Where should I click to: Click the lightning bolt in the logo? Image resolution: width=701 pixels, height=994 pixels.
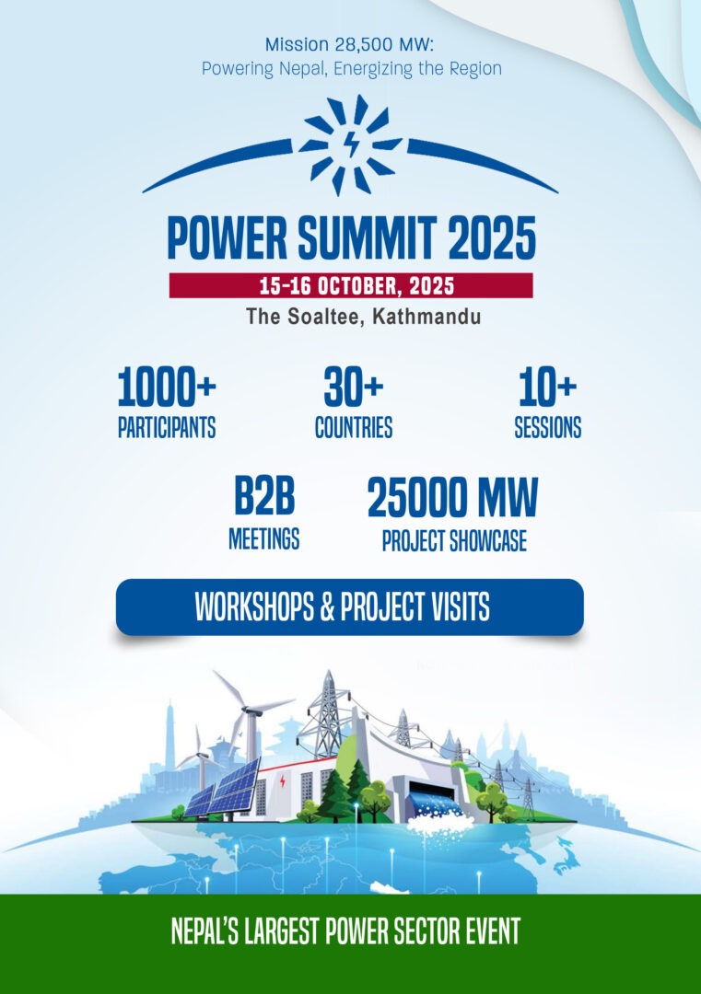coord(351,143)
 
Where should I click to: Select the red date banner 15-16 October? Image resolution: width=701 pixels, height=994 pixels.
coord(351,285)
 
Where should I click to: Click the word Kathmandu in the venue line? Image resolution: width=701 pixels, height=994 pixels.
coord(426,316)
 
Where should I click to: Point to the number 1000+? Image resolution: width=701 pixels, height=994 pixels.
coord(167,387)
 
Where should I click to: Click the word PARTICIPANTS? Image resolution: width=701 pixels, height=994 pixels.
coord(167,427)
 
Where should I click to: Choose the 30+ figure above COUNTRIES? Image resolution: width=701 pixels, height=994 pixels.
coord(354,387)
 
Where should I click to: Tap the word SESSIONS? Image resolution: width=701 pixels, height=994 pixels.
coord(547,428)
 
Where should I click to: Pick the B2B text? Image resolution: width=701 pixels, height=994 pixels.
coord(264,496)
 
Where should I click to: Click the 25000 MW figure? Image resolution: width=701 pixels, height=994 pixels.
coord(452,498)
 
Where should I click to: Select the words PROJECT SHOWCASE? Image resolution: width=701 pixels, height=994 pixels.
coord(454,541)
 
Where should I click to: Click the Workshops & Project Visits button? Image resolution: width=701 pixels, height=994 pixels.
coord(349,607)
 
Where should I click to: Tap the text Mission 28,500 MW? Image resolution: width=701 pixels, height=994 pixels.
coord(348,44)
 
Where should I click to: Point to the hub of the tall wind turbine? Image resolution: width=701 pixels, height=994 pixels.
coord(251,711)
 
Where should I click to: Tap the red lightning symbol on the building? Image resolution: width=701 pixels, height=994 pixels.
coord(282,781)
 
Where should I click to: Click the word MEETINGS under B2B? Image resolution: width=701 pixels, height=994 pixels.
coord(263,538)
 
